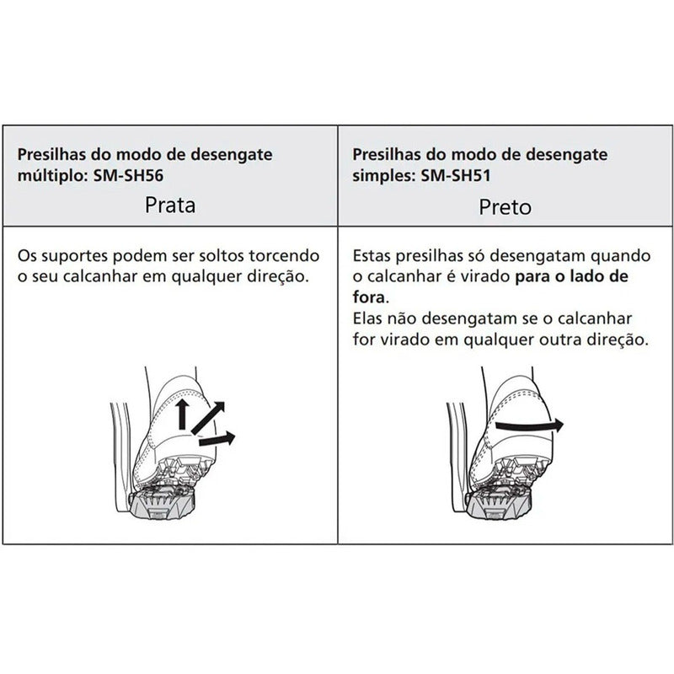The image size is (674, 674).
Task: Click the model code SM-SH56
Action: click(128, 175)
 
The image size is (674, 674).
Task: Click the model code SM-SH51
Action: click(456, 175)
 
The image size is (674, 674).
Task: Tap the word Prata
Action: click(170, 205)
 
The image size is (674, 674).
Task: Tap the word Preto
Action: click(505, 207)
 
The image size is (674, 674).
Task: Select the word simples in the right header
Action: click(382, 176)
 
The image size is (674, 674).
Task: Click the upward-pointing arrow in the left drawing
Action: click(183, 413)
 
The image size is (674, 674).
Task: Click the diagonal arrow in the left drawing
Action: click(208, 417)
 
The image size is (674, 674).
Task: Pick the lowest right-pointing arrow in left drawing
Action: click(217, 438)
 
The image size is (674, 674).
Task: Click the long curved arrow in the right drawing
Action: click(529, 426)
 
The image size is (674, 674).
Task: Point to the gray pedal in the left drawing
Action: click(163, 505)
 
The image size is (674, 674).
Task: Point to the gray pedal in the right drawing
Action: click(500, 505)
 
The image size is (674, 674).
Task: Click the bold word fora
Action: click(369, 297)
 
